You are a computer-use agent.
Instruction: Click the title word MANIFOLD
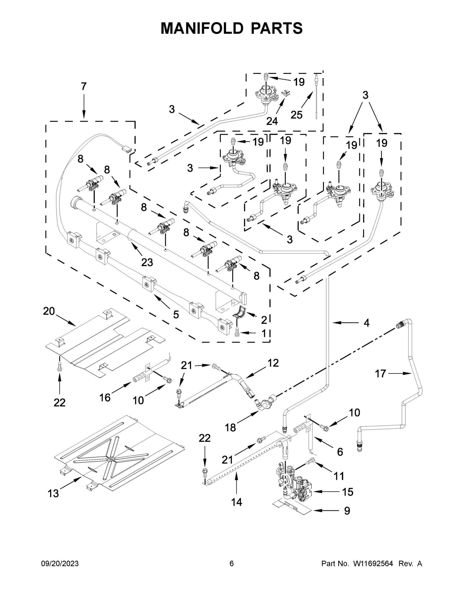tap(202, 28)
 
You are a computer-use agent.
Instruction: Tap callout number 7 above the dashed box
tap(84, 87)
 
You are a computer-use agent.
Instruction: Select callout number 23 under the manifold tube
tap(147, 263)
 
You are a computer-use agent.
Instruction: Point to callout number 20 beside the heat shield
tap(49, 311)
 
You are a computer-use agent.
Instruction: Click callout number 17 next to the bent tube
tap(380, 374)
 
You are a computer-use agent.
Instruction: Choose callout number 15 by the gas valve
tap(347, 492)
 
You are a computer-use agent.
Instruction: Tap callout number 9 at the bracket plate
tap(347, 511)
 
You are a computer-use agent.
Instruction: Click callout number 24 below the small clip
tap(272, 121)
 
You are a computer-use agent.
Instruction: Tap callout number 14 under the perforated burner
tap(236, 502)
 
